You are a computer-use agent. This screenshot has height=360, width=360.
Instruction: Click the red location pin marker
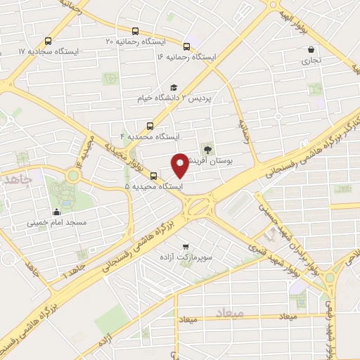point(180,165)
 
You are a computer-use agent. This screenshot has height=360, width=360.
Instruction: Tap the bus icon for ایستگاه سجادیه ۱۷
point(47,41)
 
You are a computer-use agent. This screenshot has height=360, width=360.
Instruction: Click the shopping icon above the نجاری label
point(311,50)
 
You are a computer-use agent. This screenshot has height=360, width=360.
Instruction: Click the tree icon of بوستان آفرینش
point(207,148)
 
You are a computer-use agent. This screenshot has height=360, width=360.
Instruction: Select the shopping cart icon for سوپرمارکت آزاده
point(185,246)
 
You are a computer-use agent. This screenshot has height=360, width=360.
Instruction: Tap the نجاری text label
point(311,61)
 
